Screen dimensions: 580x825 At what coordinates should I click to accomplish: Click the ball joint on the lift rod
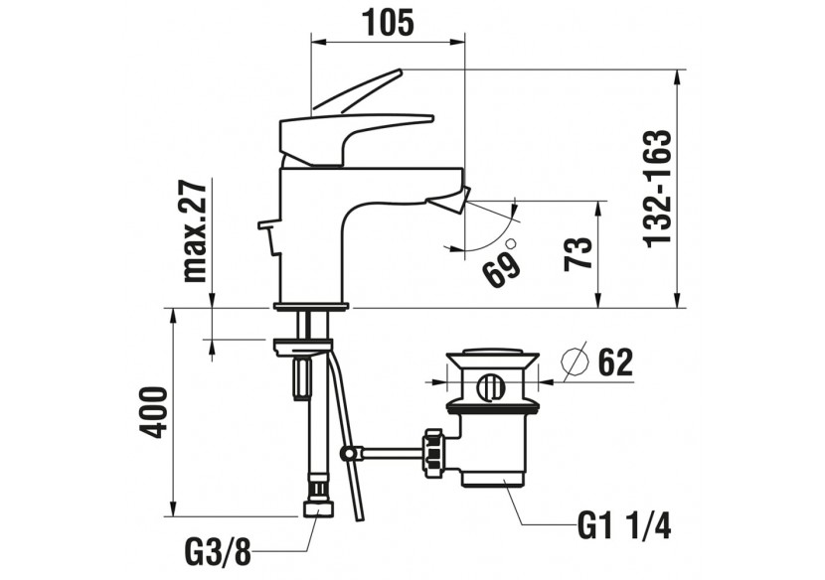(347, 455)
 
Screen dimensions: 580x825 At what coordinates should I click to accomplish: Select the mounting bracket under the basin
(301, 346)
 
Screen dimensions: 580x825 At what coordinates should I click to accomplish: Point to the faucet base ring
(311, 304)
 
